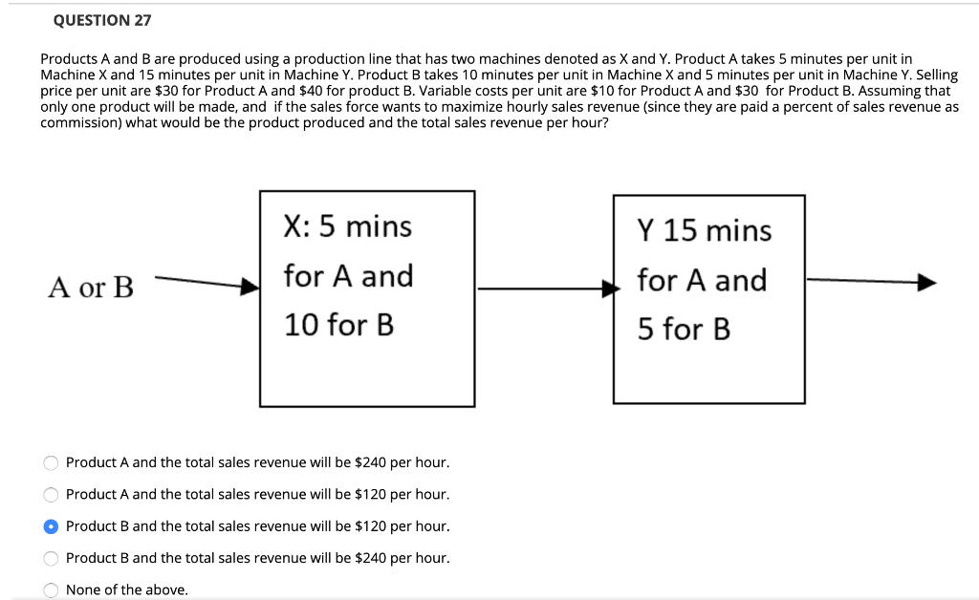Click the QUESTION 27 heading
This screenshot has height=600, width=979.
click(102, 20)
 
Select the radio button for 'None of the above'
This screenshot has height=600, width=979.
click(52, 590)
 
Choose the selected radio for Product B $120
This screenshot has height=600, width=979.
click(52, 526)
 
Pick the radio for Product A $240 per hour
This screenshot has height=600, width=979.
click(52, 462)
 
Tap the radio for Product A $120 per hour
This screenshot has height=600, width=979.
click(52, 495)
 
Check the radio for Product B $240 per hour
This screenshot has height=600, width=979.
click(52, 558)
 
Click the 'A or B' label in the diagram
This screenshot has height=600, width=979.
click(92, 287)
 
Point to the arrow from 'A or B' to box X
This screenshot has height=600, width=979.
click(206, 283)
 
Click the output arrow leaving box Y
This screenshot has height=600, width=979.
click(870, 282)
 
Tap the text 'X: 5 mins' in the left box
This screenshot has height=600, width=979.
click(348, 227)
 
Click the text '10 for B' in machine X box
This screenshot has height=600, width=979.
click(338, 326)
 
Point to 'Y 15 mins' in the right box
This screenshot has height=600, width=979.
click(704, 231)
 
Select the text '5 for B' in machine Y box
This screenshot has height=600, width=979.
click(684, 331)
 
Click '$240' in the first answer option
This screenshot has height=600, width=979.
click(370, 462)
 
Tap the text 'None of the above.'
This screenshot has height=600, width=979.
click(126, 590)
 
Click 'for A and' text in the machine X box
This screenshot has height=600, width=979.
click(348, 277)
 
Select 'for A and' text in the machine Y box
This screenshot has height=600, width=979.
click(702, 281)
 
